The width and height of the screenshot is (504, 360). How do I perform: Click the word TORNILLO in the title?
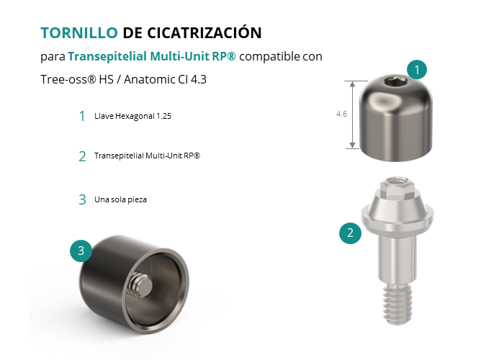(x=79, y=33)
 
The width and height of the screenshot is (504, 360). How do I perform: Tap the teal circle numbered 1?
(x=417, y=69)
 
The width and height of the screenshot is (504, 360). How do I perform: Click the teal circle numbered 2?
(x=350, y=233)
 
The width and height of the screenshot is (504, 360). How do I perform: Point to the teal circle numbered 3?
(x=81, y=251)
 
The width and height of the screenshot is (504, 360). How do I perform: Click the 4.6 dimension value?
(x=341, y=114)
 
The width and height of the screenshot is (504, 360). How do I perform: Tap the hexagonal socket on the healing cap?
(x=396, y=83)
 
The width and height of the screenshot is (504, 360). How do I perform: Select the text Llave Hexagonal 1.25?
(x=132, y=116)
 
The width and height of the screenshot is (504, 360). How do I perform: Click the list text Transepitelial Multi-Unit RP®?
(x=147, y=156)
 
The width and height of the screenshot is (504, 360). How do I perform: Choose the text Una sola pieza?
(x=120, y=199)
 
